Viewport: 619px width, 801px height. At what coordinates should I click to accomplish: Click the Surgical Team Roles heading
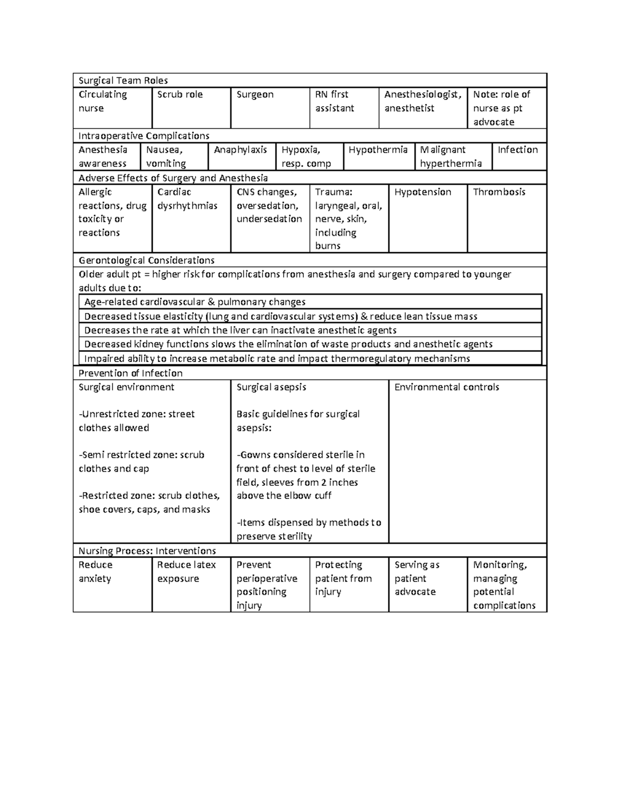pyautogui.click(x=123, y=80)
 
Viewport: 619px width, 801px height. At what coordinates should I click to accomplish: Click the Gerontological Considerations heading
pyautogui.click(x=146, y=260)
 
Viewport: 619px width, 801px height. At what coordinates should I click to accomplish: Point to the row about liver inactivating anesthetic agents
pyautogui.click(x=240, y=331)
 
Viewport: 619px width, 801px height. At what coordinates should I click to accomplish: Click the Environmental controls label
pyautogui.click(x=446, y=387)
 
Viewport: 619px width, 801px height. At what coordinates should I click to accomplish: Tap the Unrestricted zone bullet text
pyautogui.click(x=136, y=421)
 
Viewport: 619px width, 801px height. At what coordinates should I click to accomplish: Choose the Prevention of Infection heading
pyautogui.click(x=130, y=373)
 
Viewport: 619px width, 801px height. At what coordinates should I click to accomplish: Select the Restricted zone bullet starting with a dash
pyautogui.click(x=149, y=502)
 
